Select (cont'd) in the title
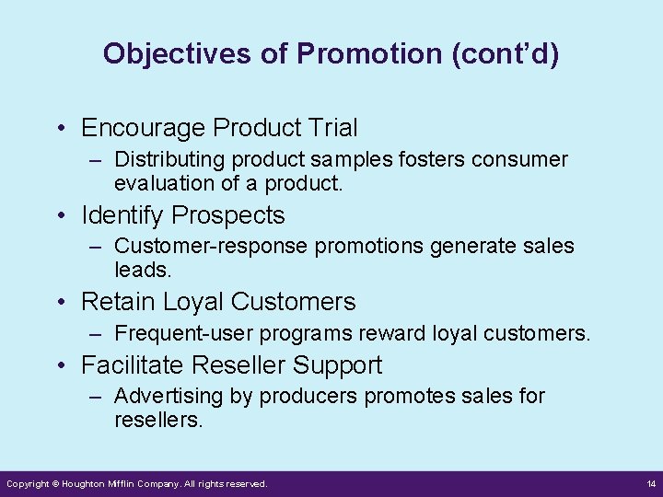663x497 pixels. (x=506, y=53)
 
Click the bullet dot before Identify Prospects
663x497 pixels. (x=60, y=216)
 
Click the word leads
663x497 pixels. (x=143, y=270)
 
